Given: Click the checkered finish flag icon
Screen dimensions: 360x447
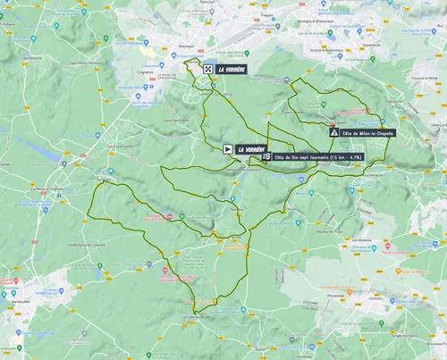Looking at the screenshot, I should point(208,69).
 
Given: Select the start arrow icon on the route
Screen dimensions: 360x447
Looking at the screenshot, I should point(229,148).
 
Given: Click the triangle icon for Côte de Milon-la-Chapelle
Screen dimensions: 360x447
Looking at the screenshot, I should point(333,132).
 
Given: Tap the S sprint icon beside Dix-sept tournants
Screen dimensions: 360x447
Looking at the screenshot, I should point(266,157).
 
